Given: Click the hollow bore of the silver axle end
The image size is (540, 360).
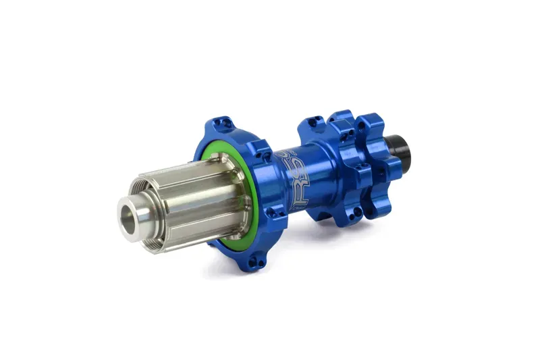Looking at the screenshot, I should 130,215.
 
